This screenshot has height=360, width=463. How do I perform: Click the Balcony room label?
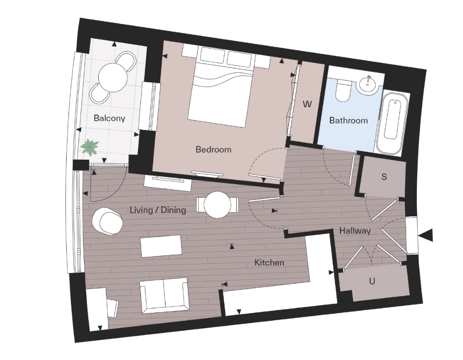[x=109, y=118]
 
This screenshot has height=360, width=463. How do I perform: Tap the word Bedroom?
[x=213, y=150]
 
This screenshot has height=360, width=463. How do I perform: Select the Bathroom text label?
[x=348, y=121]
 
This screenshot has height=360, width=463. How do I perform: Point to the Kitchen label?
[x=269, y=263]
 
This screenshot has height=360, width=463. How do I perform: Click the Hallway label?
[x=355, y=231]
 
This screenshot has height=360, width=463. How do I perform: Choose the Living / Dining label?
[x=158, y=210]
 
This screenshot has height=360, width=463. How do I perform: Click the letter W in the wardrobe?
[x=307, y=104]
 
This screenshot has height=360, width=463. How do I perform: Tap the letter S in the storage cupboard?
[x=384, y=177]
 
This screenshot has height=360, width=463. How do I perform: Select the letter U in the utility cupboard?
[x=372, y=281]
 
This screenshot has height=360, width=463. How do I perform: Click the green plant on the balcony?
[x=89, y=147]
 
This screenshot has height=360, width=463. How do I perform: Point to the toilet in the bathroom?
[x=342, y=91]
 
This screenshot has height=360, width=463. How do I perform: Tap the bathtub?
[x=393, y=122]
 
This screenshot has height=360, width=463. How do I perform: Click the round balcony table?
[x=113, y=76]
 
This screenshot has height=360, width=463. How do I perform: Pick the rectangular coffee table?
[x=161, y=246]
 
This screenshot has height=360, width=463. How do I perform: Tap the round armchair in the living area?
[x=107, y=221]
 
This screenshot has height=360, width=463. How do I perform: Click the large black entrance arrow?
[x=426, y=235]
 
